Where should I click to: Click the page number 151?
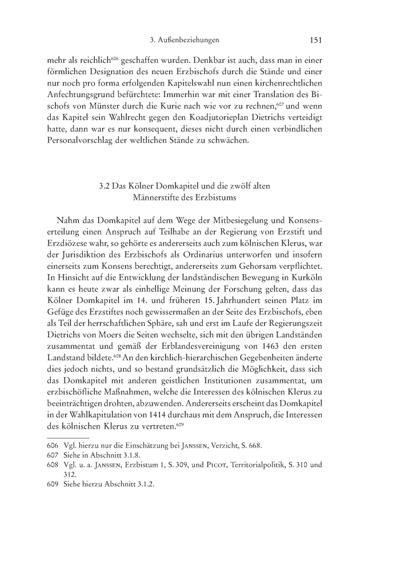(x=317, y=40)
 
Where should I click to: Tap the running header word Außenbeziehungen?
(x=192, y=41)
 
